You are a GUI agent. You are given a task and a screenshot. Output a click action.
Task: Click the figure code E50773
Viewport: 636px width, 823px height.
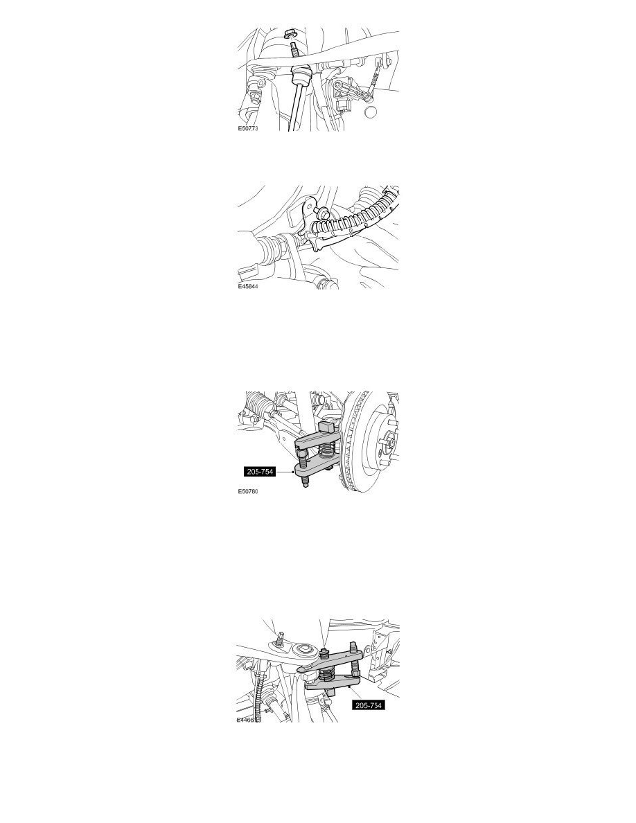coord(247,129)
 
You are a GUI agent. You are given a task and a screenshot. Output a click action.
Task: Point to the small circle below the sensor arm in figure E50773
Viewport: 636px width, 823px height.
coord(372,112)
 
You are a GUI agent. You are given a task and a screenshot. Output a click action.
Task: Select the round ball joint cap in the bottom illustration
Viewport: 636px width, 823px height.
coord(302,652)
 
